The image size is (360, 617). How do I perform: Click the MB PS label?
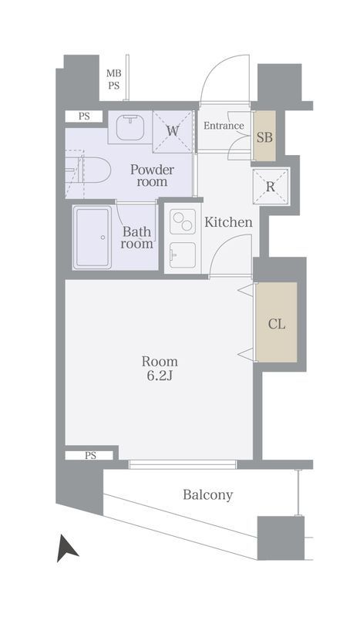pos(114,79)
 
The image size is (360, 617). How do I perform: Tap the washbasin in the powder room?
pos(130,126)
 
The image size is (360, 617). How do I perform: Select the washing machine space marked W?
pos(173,131)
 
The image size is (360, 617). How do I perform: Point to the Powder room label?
pos(152,176)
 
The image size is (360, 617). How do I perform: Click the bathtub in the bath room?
pos(93,238)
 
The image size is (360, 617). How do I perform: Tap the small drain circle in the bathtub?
pos(103,238)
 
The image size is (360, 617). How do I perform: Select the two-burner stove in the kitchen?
pos(183,221)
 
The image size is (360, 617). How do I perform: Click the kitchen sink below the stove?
pos(183,255)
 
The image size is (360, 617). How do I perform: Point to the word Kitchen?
pos(228,222)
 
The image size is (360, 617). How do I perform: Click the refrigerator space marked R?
pos(271,187)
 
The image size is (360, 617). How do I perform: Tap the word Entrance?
pos(224,126)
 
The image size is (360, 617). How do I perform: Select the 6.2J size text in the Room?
pos(160,376)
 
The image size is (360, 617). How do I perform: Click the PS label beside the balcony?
pos(90,455)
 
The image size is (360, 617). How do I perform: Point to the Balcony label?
pos(207,494)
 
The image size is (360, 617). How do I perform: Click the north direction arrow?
pos(66,548)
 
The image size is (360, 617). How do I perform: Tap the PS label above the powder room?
pos(84,116)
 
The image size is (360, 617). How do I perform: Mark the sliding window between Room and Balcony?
pos(183,464)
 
